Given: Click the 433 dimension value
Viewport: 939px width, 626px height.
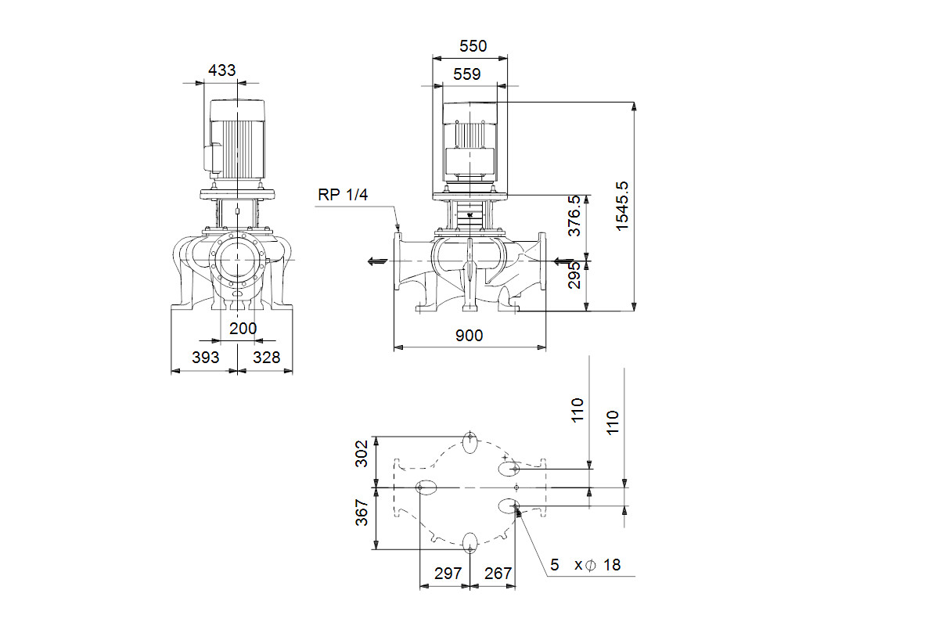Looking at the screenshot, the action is pos(221,70).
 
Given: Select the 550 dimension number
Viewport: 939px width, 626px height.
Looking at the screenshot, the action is pos(473,45).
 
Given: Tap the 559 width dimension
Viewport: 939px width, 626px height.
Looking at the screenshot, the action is pos(466,74).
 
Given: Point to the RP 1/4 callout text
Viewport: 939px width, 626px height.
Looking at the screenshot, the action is pos(343,195).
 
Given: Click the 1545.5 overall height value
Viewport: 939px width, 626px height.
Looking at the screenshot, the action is pos(622,206).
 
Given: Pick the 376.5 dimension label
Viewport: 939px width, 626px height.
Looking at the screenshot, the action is pos(574,215).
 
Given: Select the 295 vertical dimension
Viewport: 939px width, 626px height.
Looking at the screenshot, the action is pos(574,275).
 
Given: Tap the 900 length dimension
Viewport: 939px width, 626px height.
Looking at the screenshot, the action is pos(469,336).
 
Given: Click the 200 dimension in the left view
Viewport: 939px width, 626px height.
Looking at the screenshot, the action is pos(243,329).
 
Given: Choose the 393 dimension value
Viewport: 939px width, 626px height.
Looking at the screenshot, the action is pos(205,358).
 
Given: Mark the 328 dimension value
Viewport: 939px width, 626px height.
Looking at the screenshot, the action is pos(266,358).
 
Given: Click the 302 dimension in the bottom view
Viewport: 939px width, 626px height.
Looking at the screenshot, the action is pos(362,454).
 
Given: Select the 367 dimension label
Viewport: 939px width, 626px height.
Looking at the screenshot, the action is pos(362,513).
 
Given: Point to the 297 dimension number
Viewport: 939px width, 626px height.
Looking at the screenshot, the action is pos(448,573).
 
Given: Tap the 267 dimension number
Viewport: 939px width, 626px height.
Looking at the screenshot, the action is pos(498,573).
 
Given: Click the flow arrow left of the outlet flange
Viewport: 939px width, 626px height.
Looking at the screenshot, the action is pos(377,261).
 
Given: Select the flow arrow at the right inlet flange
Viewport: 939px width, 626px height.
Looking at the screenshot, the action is pos(564,261).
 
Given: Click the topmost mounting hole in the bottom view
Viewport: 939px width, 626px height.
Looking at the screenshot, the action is pos(470,442).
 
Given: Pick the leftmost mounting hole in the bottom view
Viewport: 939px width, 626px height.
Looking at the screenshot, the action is pos(426,487).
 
